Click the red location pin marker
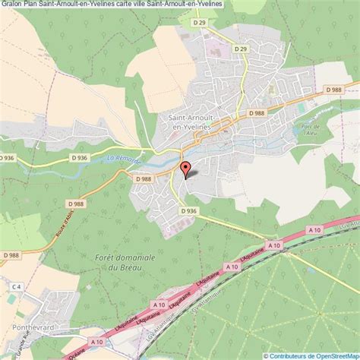(x=184, y=169)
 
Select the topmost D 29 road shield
(x=200, y=24)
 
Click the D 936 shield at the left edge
(x=7, y=157)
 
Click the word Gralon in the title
(x=13, y=5)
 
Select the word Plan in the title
(x=35, y=5)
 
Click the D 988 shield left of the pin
(x=143, y=178)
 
